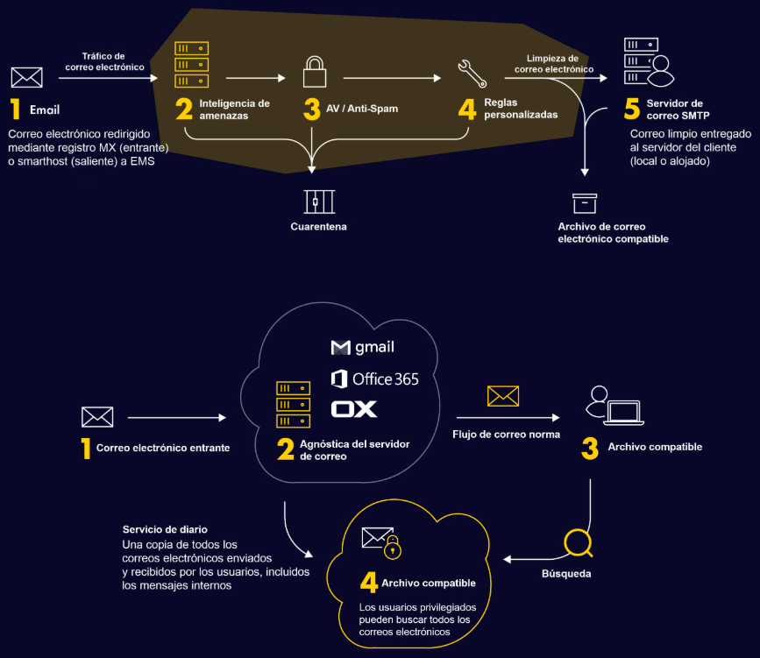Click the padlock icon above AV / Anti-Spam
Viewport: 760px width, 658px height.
click(x=315, y=72)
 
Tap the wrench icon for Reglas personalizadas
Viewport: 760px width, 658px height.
click(x=472, y=74)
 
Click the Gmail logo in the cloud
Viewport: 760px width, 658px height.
click(x=362, y=347)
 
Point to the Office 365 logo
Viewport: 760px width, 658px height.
click(x=374, y=379)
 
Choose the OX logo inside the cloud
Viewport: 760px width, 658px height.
click(x=354, y=409)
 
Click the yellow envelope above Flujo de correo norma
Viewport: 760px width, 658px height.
click(x=503, y=396)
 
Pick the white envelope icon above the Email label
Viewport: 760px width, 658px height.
click(x=27, y=78)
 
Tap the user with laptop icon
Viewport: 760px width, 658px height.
click(x=614, y=405)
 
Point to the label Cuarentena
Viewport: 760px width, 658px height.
click(x=318, y=226)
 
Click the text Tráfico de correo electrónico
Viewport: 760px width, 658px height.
click(x=104, y=61)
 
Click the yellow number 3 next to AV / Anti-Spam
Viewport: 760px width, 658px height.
click(x=312, y=110)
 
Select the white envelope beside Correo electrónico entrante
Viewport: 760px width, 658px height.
click(x=97, y=417)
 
